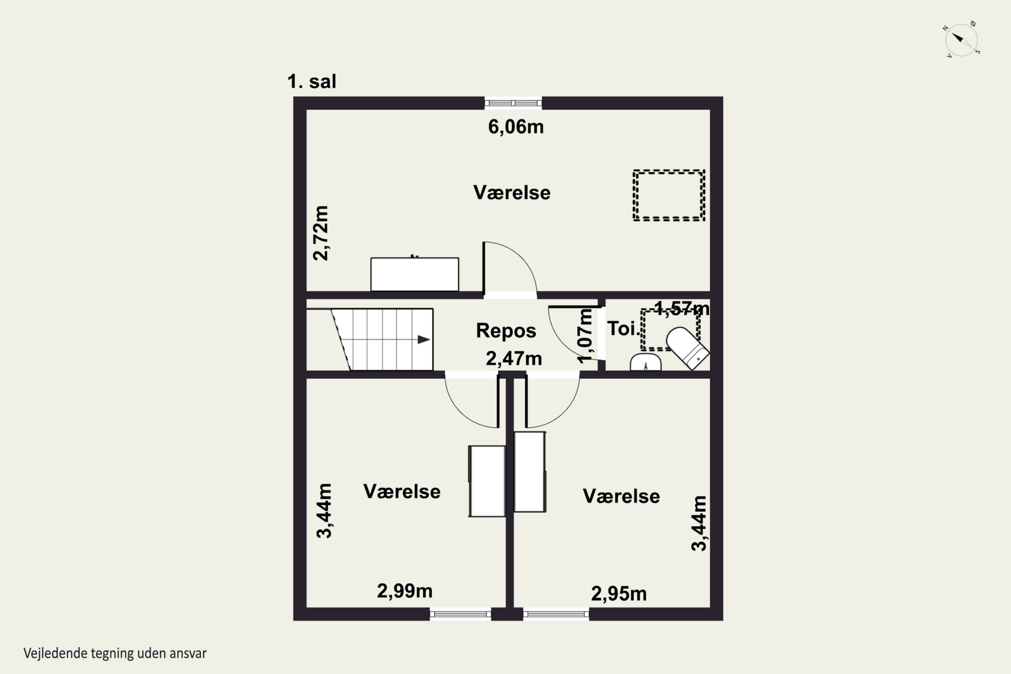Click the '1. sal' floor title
click(x=312, y=82)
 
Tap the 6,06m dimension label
click(x=516, y=127)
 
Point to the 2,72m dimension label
click(x=321, y=233)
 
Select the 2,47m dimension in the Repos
click(x=514, y=359)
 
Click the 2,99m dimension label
click(x=404, y=591)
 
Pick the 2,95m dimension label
click(x=618, y=593)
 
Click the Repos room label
click(x=506, y=331)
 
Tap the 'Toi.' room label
click(x=621, y=329)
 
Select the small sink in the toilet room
click(x=646, y=362)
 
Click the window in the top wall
click(x=513, y=103)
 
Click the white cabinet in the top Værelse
click(x=415, y=274)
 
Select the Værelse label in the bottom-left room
click(x=402, y=491)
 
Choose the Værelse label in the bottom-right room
click(x=621, y=496)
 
